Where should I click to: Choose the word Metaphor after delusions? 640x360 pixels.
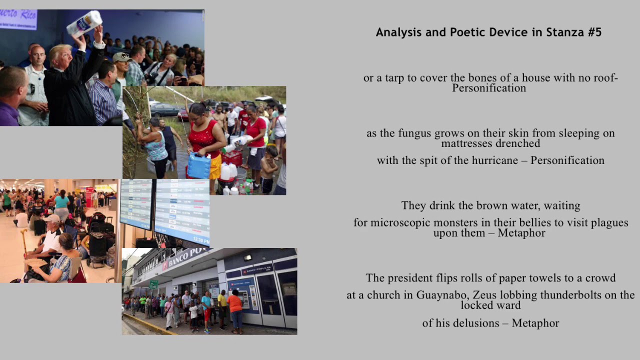(x=535, y=323)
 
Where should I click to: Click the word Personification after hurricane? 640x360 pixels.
(x=567, y=160)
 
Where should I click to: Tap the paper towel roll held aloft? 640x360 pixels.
(x=84, y=23)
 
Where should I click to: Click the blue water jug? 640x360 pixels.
(x=199, y=166)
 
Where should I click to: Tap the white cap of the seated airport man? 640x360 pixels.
(x=51, y=218)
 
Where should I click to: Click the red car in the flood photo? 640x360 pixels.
(x=183, y=114)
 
